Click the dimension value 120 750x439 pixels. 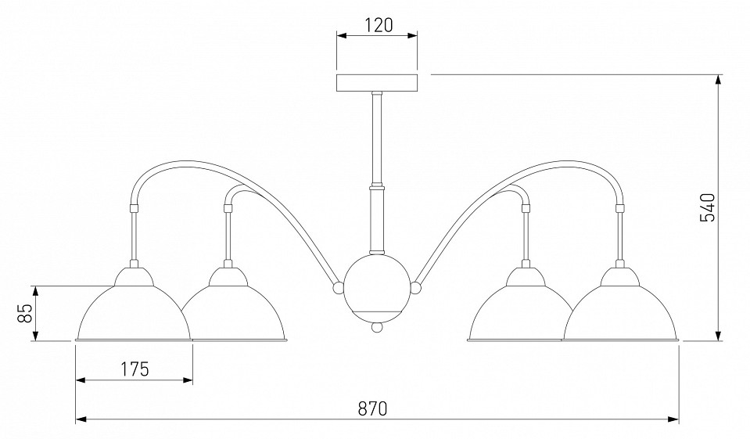tap(379, 25)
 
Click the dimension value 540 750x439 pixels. tap(707, 207)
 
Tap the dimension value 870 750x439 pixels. tap(372, 408)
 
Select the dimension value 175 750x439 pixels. tap(134, 369)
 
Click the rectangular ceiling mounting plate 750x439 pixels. tap(377, 83)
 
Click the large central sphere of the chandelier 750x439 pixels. tap(377, 286)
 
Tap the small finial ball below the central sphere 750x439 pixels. tap(378, 327)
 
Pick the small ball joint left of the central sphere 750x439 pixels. tap(338, 287)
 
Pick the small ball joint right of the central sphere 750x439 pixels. tap(415, 288)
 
